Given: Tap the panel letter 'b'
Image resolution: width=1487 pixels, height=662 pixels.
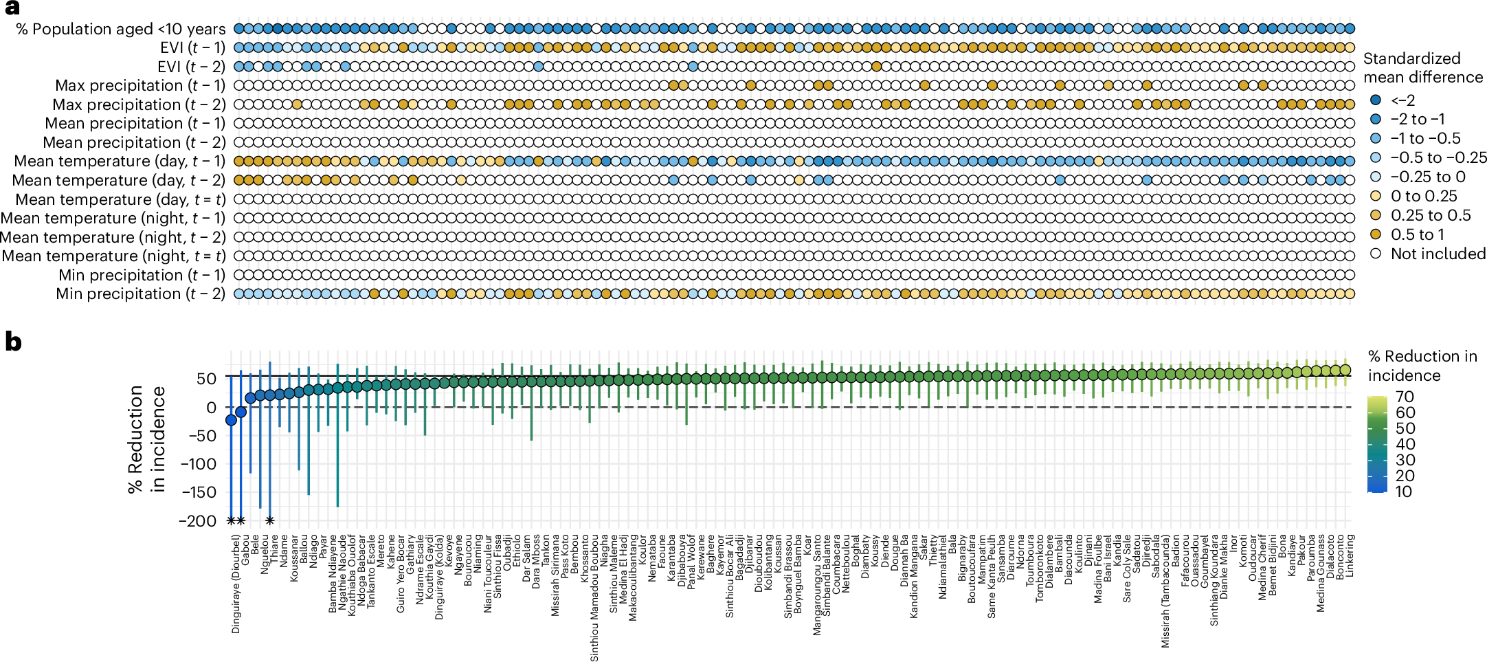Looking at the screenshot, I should pyautogui.click(x=12, y=342).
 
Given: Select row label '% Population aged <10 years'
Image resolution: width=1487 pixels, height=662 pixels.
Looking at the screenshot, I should pyautogui.click(x=121, y=29).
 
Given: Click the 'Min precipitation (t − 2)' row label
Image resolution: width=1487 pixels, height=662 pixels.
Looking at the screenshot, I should pyautogui.click(x=140, y=294).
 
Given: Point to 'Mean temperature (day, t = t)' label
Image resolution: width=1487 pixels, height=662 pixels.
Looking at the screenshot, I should pyautogui.click(x=120, y=199).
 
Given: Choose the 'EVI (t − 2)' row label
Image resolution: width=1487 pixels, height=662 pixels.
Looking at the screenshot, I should pyautogui.click(x=191, y=67).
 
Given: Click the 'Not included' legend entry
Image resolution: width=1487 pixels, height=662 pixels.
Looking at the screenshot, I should pyautogui.click(x=1438, y=254).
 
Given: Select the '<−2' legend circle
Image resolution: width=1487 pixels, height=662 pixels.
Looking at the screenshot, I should pyautogui.click(x=1375, y=100).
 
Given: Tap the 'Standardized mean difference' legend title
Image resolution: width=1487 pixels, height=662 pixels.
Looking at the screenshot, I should pyautogui.click(x=1422, y=67).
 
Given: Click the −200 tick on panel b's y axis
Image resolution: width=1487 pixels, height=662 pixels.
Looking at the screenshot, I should pyautogui.click(x=197, y=520).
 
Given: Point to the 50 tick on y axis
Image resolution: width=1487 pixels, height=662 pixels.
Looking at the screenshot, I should pyautogui.click(x=206, y=378).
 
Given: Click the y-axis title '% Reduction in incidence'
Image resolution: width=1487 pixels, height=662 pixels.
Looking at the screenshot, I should pyautogui.click(x=146, y=439).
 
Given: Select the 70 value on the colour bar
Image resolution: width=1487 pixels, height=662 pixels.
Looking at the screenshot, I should pyautogui.click(x=1405, y=397).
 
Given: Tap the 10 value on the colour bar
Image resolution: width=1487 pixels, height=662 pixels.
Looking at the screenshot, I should pyautogui.click(x=1404, y=492).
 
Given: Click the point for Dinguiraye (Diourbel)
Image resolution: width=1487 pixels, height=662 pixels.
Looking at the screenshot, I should pyautogui.click(x=231, y=420).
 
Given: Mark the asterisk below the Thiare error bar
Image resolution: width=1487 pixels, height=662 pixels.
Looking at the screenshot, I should pyautogui.click(x=270, y=521).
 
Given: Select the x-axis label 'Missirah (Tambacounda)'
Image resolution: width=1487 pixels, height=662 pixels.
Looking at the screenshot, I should pyautogui.click(x=1165, y=591).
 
